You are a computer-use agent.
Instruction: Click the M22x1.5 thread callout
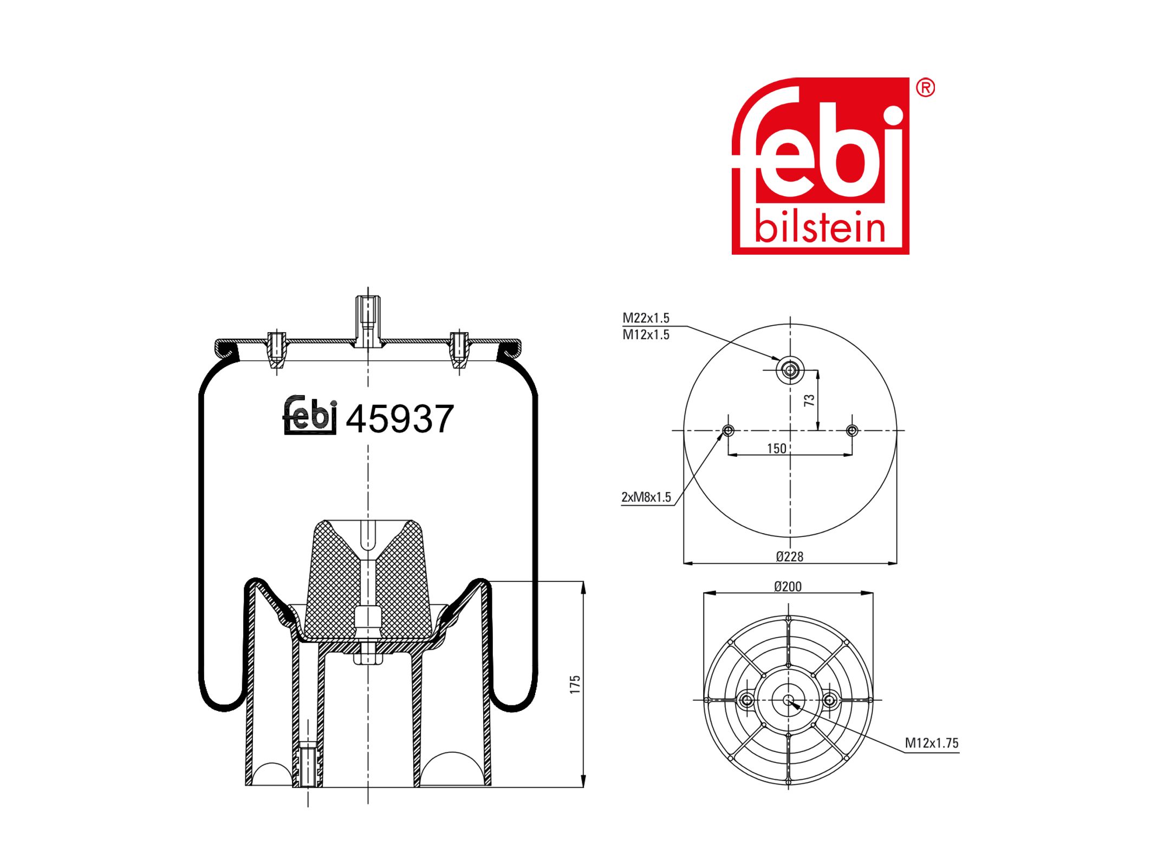646,318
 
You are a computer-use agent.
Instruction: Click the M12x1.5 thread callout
646,335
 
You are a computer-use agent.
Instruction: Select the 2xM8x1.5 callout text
646,497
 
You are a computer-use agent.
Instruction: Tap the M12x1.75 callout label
932,743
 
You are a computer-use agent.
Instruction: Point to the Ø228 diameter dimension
789,556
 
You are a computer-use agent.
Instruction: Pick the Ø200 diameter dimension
788,586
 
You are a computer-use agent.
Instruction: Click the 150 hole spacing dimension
777,449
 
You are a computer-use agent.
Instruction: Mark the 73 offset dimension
809,400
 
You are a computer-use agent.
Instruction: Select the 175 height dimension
575,684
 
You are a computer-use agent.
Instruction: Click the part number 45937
400,419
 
